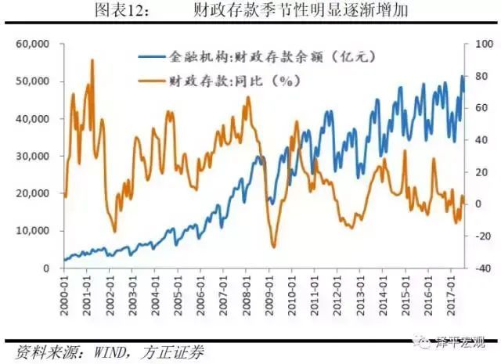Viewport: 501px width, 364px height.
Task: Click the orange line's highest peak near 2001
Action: click(x=92, y=59)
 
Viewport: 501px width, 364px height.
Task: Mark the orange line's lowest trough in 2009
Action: click(x=274, y=247)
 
